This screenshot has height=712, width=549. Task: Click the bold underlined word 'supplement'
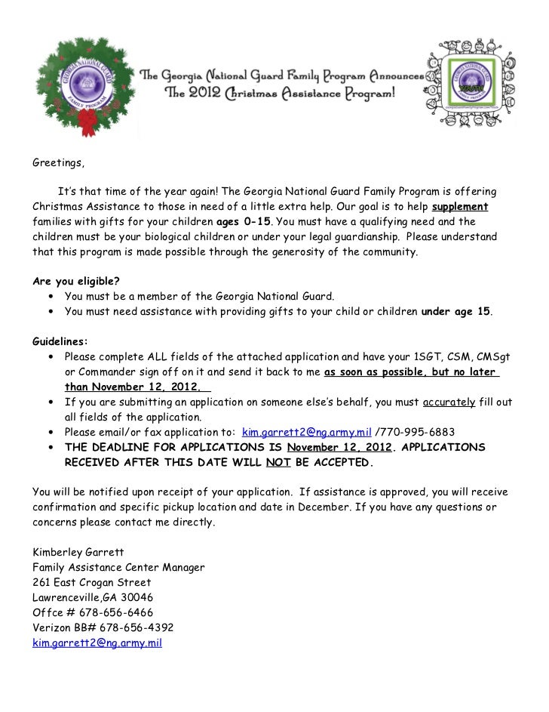(x=460, y=208)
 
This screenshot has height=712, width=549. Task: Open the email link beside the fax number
(x=307, y=432)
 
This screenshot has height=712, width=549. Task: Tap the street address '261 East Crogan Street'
(x=91, y=582)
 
